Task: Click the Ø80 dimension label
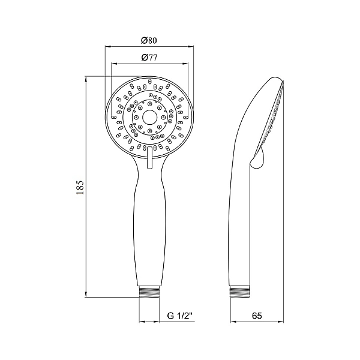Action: click(x=149, y=40)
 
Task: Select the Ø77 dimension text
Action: click(x=149, y=58)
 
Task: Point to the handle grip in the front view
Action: click(x=149, y=228)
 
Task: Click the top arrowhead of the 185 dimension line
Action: click(x=88, y=78)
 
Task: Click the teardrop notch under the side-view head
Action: click(x=257, y=158)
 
